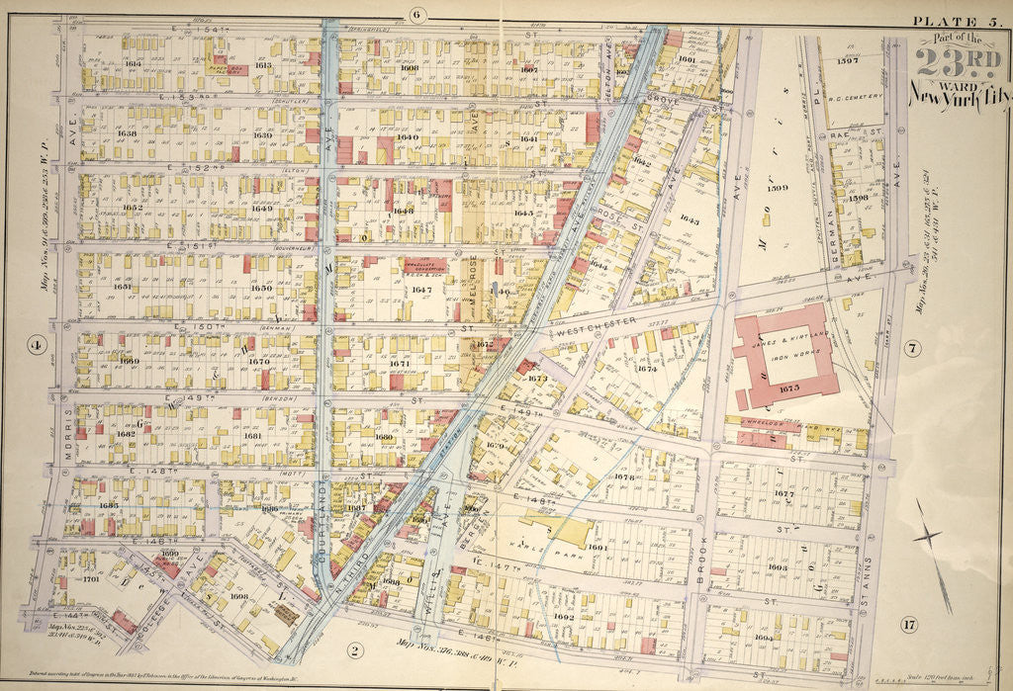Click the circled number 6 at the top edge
tap(415, 14)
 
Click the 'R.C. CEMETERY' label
tap(854, 97)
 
